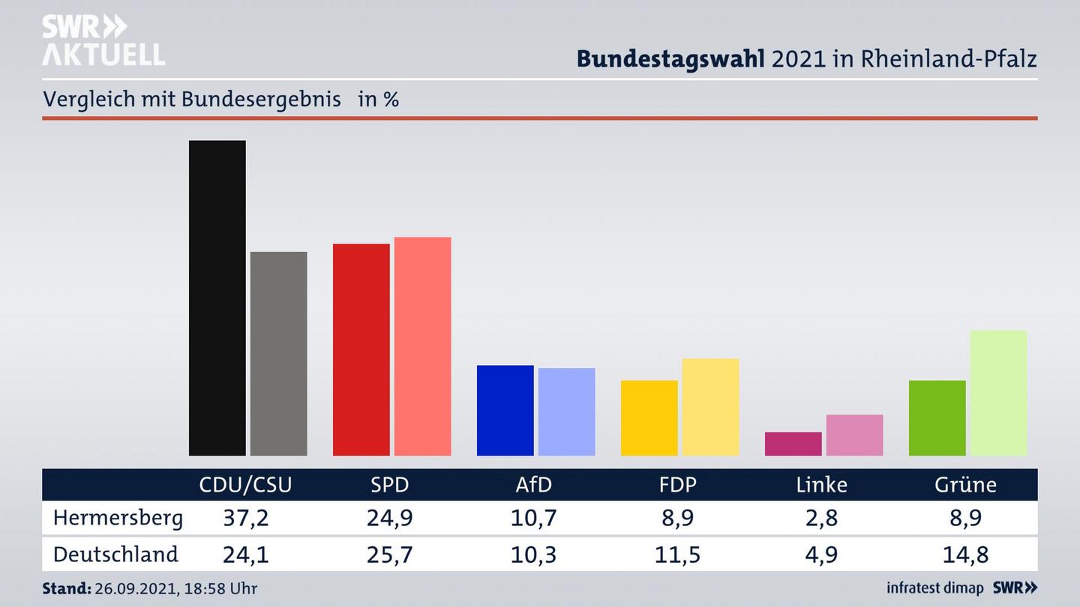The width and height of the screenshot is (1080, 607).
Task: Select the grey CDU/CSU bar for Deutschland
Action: tap(278, 353)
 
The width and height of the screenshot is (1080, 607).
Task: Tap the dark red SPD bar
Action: tap(361, 349)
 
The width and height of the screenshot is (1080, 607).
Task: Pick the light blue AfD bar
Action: tap(566, 411)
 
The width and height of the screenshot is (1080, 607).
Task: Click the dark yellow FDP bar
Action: tap(649, 417)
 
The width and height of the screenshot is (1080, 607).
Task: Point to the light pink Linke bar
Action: tap(854, 435)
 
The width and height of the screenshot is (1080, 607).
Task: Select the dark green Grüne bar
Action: tap(937, 417)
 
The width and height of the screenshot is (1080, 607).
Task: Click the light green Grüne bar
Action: tap(998, 393)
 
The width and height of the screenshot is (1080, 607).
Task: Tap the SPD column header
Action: tap(390, 485)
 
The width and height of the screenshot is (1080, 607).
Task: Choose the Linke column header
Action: tap(821, 485)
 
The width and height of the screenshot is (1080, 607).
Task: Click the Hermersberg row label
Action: tap(118, 518)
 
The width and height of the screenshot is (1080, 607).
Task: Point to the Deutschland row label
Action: tap(115, 555)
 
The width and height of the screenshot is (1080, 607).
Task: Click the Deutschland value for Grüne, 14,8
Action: tap(965, 555)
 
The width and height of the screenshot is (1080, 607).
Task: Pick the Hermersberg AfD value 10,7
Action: tap(533, 518)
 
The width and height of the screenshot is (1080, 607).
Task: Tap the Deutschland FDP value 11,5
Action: tap(677, 555)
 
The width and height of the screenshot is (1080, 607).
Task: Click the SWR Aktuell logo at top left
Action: tap(103, 40)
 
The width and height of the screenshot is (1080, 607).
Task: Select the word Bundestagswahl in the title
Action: tap(670, 59)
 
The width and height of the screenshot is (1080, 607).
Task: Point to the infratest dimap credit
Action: tap(934, 588)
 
